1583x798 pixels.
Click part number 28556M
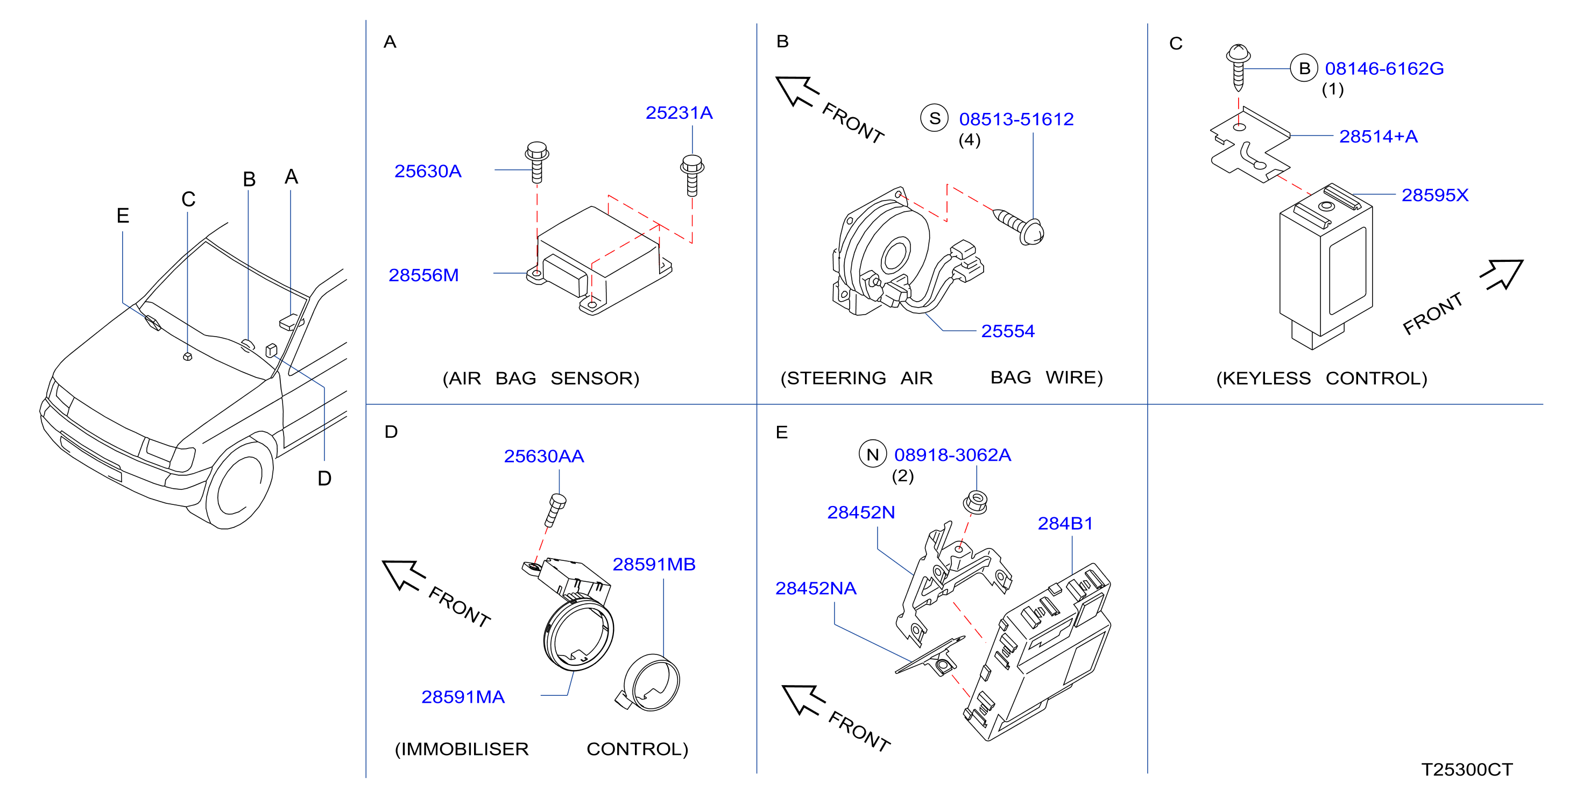click(423, 275)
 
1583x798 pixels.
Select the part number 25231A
click(679, 113)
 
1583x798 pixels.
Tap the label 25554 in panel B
click(1008, 331)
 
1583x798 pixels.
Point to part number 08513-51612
click(1016, 119)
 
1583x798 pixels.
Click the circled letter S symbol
click(935, 118)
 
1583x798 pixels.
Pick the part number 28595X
click(1435, 195)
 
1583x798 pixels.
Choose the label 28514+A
click(1379, 137)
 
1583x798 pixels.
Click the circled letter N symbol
click(873, 454)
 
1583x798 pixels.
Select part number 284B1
click(1065, 523)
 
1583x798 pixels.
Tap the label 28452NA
click(816, 588)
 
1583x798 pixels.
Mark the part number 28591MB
click(654, 565)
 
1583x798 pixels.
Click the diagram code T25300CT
click(1467, 769)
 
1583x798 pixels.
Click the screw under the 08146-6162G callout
click(1238, 67)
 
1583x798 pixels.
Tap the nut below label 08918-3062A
click(975, 502)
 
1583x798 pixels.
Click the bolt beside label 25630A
click(536, 163)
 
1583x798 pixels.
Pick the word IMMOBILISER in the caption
click(462, 750)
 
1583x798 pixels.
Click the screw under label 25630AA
click(555, 510)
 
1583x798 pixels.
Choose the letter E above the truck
click(123, 216)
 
